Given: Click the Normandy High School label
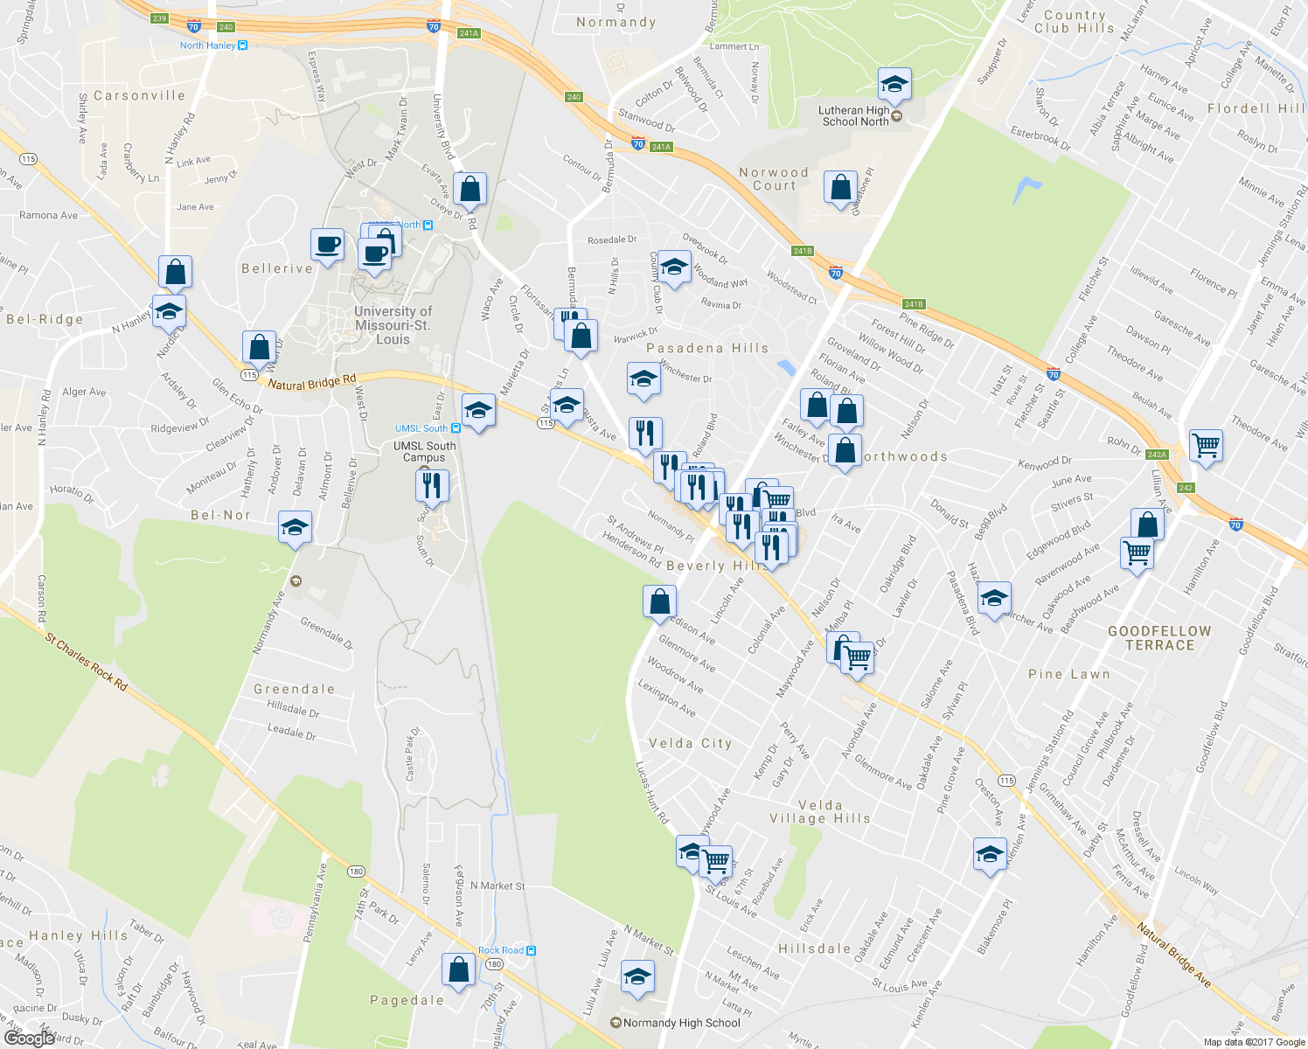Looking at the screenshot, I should coord(681,1023).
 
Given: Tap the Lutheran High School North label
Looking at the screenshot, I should coord(854,116).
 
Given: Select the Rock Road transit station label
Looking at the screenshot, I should coord(501,950).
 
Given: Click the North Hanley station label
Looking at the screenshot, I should coord(208,45).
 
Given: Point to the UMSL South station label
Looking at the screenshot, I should coord(421,428).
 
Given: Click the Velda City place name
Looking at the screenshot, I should coord(690,743).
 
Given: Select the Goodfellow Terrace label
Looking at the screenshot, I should coord(1159,638).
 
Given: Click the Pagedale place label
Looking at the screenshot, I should coord(407,1000).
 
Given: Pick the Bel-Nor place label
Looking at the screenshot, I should coord(220,515).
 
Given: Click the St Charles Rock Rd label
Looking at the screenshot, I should coord(86,662).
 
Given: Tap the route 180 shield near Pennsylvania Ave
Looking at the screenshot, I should coord(355,872).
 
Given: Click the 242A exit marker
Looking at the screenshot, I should coord(1157,455).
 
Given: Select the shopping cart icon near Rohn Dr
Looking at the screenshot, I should coord(1206,445).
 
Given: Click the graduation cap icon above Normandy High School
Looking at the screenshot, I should coord(637,975).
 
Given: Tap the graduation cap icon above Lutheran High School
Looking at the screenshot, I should coord(894,84).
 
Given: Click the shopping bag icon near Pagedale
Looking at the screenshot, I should coord(458,969).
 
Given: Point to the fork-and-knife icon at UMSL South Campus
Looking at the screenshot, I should coord(432,484).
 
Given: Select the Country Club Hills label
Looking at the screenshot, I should coord(1074,22).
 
